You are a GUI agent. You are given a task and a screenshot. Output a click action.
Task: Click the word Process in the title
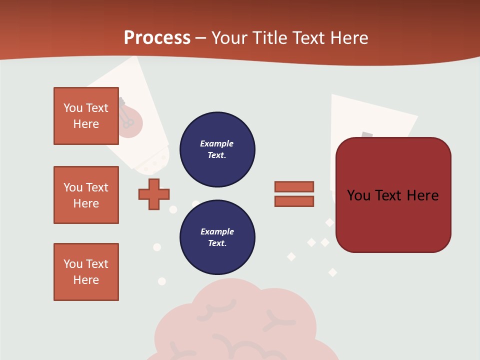point(157,37)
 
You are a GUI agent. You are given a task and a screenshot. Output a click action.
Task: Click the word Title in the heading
point(271,38)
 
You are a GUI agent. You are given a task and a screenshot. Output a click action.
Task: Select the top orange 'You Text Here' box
point(86,116)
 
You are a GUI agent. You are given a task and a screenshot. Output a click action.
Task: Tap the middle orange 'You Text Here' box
point(86,195)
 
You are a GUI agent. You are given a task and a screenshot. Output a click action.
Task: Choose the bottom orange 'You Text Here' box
point(86,272)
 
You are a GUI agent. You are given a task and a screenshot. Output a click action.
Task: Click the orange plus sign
point(154,194)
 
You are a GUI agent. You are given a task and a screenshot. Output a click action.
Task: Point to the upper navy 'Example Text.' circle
point(217,149)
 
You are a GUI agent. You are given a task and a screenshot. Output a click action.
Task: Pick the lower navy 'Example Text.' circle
point(217,237)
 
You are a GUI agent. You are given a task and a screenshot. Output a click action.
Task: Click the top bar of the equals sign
point(294,186)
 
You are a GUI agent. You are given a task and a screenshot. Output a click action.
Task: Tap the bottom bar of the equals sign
point(294,201)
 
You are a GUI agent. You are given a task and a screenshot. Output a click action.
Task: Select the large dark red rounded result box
point(393,195)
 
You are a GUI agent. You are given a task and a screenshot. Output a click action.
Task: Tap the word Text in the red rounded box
point(392,195)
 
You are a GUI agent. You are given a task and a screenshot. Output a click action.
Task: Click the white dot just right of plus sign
point(173,209)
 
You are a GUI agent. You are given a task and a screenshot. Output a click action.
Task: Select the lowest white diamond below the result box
point(332,272)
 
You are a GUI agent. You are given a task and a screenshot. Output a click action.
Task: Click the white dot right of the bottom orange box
point(161,281)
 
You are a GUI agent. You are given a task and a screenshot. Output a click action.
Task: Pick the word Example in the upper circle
point(216,143)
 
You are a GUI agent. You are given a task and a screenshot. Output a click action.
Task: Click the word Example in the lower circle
point(217,231)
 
